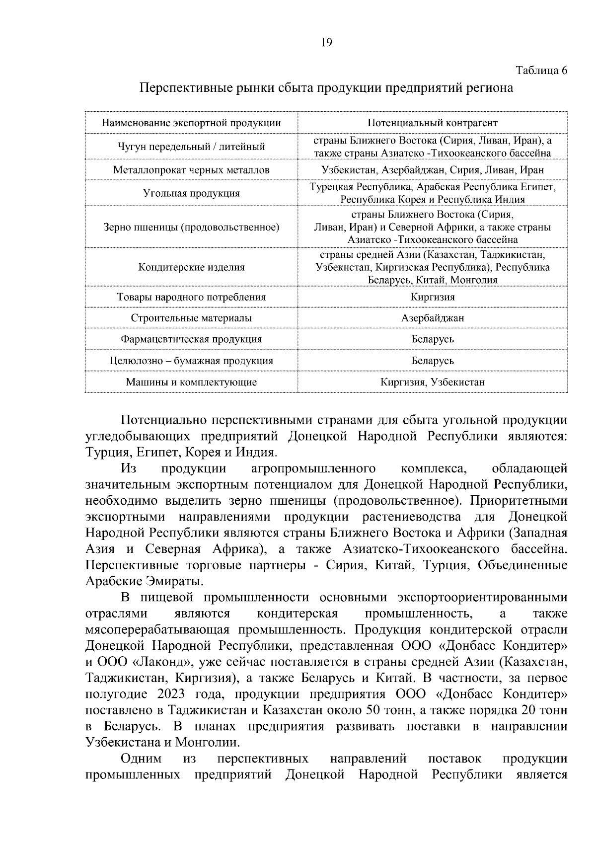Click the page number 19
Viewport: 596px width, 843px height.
tap(326, 43)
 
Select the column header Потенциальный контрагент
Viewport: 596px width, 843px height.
tap(433, 123)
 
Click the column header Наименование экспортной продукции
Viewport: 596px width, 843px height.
tap(191, 123)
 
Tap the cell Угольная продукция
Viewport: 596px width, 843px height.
tap(191, 193)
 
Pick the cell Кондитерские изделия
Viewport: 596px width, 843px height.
tap(191, 267)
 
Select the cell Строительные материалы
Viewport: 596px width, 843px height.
tap(191, 318)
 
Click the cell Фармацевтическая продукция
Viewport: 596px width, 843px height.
tap(191, 339)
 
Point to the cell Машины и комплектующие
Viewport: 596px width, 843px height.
tap(191, 382)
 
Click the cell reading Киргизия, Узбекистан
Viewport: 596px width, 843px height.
tap(433, 382)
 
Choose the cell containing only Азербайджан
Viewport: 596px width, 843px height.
tap(433, 318)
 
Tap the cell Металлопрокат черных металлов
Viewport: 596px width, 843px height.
tap(191, 170)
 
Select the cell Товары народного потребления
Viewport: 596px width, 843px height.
tap(191, 297)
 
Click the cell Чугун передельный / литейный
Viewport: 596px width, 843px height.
tap(191, 147)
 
